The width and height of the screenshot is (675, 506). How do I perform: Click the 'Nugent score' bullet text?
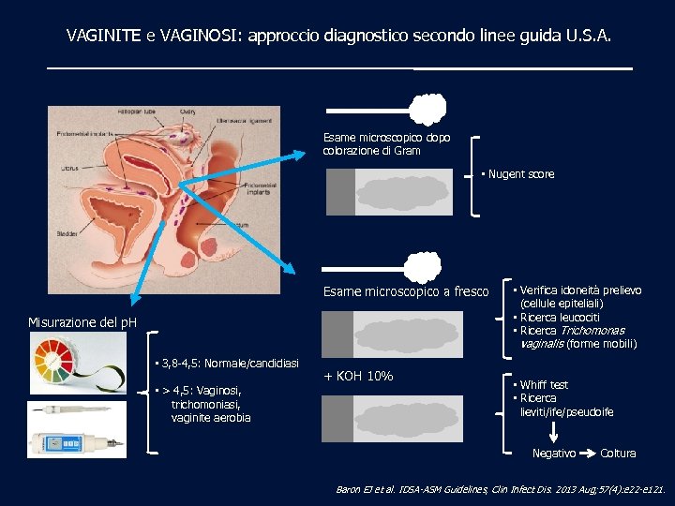(520, 174)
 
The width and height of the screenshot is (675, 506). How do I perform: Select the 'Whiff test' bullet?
(544, 385)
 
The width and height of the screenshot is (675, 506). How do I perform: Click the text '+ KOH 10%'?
(357, 377)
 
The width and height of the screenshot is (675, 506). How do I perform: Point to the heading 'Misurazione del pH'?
(82, 322)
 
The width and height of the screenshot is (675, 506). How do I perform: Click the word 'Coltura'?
(618, 454)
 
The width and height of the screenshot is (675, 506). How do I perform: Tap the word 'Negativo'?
(554, 454)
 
